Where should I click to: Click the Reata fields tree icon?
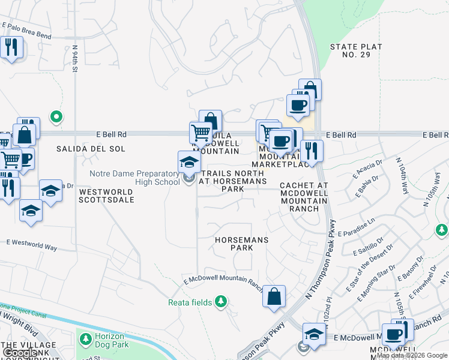pyautogui.click(x=221, y=301)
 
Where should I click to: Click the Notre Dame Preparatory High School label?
pyautogui.click(x=134, y=178)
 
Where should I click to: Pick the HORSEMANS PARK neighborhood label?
pyautogui.click(x=242, y=244)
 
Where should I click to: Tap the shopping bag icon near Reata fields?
pyautogui.click(x=274, y=296)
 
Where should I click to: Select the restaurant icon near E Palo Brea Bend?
pyautogui.click(x=11, y=47)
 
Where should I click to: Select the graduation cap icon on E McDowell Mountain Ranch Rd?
pyautogui.click(x=314, y=335)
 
